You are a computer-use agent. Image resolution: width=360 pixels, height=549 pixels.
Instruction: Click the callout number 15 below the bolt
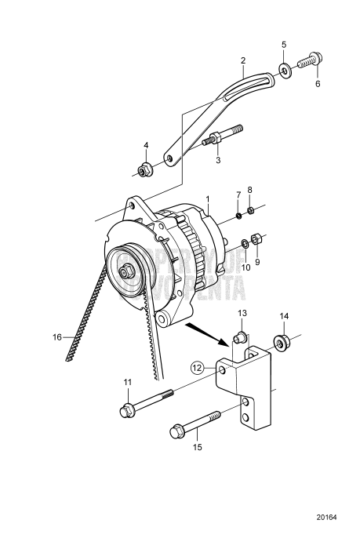click(x=197, y=447)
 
